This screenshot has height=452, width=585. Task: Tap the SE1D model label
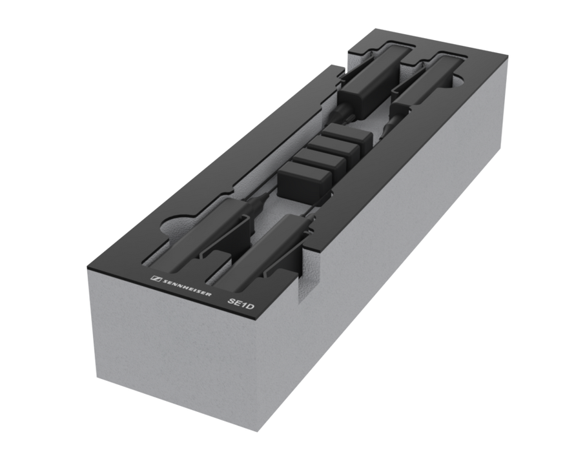pyautogui.click(x=241, y=304)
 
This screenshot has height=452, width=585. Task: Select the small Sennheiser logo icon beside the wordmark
pyautogui.click(x=156, y=278)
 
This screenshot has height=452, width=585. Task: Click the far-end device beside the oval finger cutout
pyautogui.click(x=424, y=80)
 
